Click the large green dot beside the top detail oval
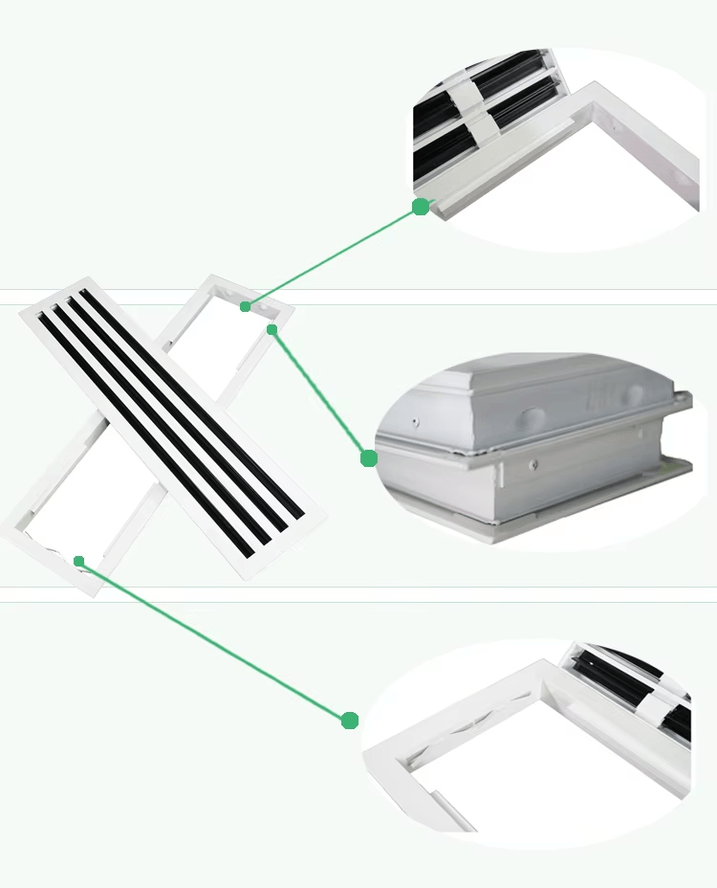click(421, 207)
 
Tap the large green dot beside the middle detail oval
click(369, 458)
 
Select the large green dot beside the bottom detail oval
click(350, 720)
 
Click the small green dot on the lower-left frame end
click(79, 561)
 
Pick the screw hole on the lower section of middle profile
click(533, 465)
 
